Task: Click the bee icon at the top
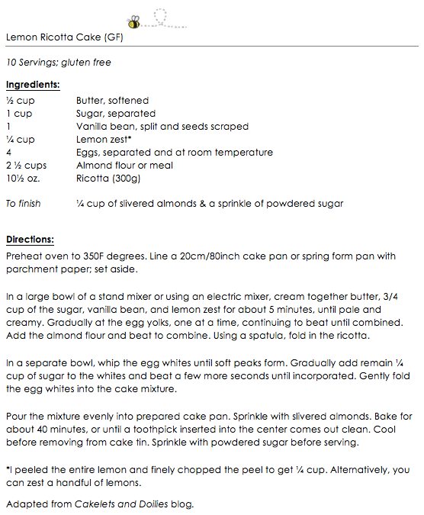(133, 20)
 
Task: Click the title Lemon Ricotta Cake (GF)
(64, 37)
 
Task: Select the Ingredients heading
(32, 85)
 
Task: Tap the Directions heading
(30, 238)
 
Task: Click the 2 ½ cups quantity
(26, 166)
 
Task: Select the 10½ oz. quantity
(22, 179)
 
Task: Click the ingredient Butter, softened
(112, 101)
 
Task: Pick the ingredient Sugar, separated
(115, 114)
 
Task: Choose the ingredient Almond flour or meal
(124, 166)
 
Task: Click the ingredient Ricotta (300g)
(108, 179)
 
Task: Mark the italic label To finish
(23, 204)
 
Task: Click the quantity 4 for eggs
(8, 153)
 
